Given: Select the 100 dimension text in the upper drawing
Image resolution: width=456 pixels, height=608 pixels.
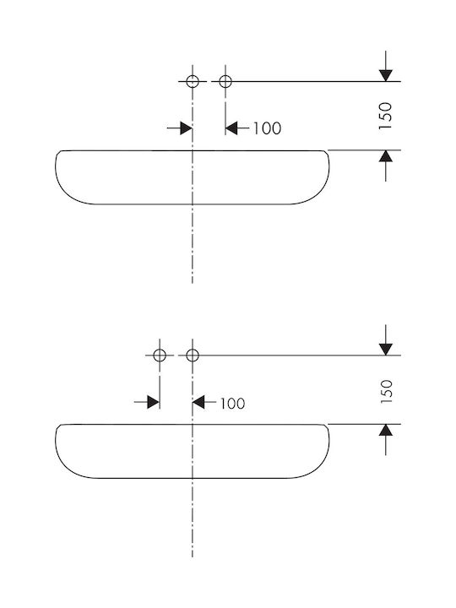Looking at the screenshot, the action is (x=267, y=128).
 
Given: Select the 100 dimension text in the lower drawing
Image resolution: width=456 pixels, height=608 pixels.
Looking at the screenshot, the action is (x=233, y=404).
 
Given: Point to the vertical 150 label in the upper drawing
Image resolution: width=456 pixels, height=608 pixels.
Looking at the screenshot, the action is (x=386, y=116).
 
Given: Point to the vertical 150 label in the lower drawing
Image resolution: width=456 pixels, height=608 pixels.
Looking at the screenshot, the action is (x=386, y=391).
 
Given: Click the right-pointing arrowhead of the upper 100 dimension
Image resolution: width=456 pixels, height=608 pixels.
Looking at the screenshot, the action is (x=186, y=128).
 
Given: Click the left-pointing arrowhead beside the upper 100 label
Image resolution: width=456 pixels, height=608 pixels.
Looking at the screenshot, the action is (x=231, y=128).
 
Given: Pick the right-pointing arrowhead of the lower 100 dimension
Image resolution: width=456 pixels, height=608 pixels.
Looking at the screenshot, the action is (x=153, y=402).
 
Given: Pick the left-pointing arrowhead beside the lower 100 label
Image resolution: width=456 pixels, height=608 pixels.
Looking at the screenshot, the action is (x=198, y=402).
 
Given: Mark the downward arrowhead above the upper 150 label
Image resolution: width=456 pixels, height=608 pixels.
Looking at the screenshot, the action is (x=386, y=76).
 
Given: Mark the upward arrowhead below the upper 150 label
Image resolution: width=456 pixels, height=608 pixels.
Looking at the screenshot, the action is (x=386, y=156).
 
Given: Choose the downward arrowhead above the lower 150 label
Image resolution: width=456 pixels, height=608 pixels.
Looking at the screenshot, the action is (x=386, y=350).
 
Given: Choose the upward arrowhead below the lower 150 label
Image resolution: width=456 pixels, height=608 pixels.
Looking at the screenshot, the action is (x=386, y=430).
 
